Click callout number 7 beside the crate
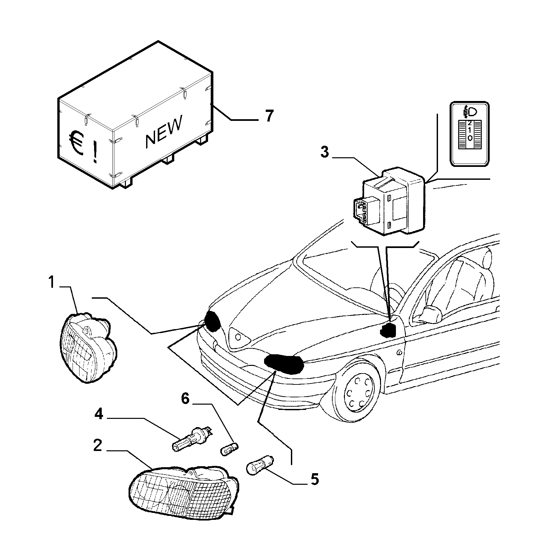point(269,116)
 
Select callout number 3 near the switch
point(324,153)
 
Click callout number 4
point(99,415)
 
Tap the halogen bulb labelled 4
point(192,438)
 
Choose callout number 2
point(97,446)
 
